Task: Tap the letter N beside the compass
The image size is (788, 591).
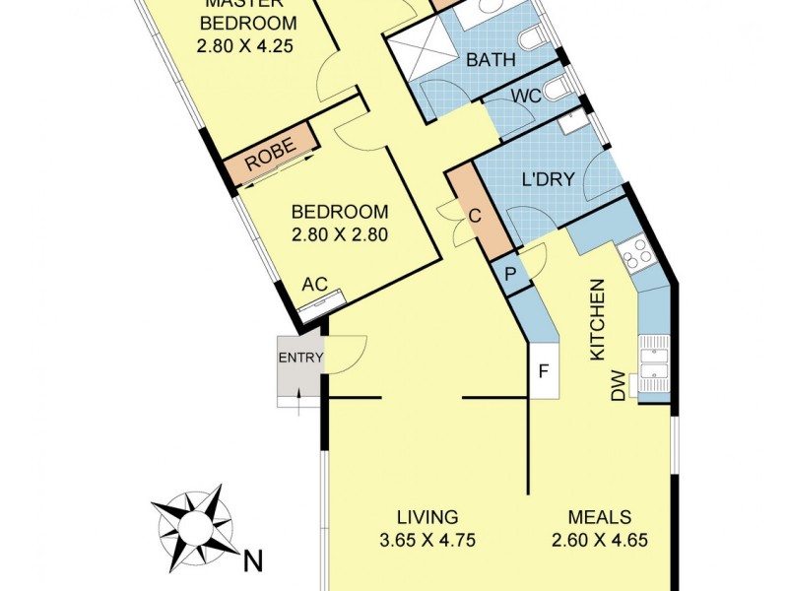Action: point(253,561)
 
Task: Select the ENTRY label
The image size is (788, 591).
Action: point(299,358)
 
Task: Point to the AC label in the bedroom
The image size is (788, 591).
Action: point(314,284)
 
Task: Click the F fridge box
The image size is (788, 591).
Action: point(543,372)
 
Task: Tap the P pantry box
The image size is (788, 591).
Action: point(510,273)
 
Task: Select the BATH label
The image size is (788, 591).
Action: point(491,60)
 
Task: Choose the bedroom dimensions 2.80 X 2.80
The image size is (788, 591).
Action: point(340,234)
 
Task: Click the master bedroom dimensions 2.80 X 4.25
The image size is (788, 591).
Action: point(248,45)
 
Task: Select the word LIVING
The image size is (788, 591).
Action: point(427,516)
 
